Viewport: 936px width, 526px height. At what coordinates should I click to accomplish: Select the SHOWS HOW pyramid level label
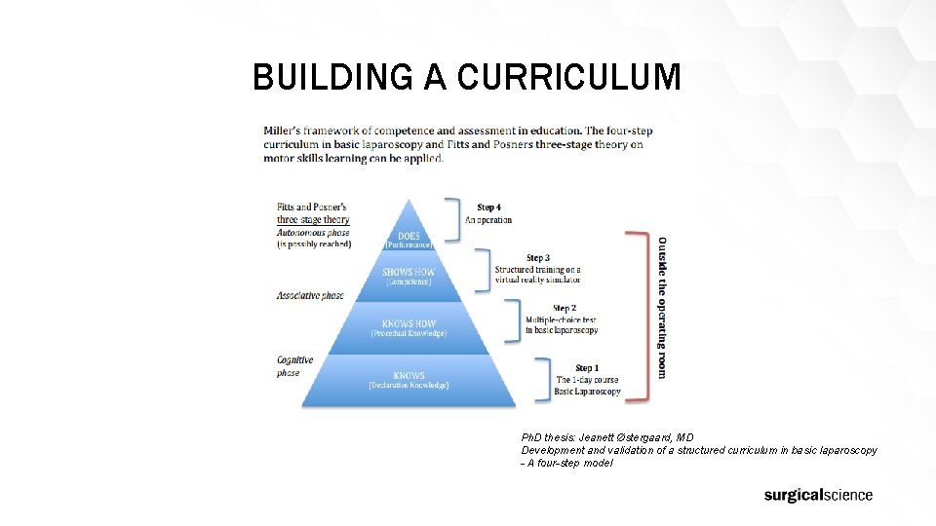(x=409, y=272)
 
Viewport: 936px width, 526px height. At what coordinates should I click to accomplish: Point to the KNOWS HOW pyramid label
(x=409, y=323)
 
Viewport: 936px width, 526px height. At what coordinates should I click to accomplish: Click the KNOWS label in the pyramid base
(x=409, y=375)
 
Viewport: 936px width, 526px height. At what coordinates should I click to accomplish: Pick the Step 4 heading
(x=488, y=207)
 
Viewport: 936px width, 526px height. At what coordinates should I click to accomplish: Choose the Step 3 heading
(x=537, y=258)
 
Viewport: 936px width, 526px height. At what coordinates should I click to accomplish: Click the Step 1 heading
(x=586, y=368)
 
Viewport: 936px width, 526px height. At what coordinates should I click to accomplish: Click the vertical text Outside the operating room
(x=663, y=308)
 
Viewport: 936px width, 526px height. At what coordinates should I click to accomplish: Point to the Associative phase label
(x=310, y=295)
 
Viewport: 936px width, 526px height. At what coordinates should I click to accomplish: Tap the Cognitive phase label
(x=294, y=366)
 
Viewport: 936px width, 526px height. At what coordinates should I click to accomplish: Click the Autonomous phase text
(x=312, y=233)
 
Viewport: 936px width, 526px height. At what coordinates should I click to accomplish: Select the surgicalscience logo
(x=818, y=495)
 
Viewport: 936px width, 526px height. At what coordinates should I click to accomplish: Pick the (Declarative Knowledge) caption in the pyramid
(x=409, y=386)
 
